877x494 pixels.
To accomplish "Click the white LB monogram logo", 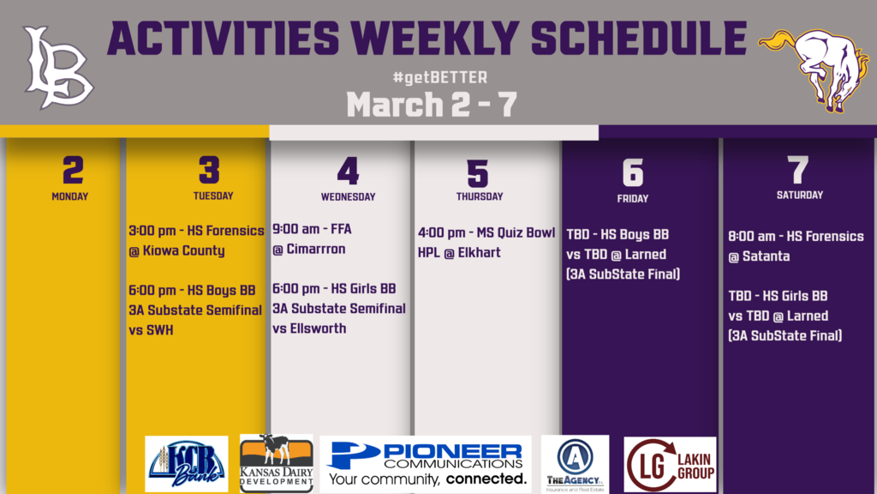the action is (57, 67).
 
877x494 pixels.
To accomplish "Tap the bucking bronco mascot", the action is (814, 69).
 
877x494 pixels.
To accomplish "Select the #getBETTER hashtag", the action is (439, 77).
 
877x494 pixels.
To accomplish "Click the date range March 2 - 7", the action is (432, 105).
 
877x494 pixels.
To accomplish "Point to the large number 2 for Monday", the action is (74, 171).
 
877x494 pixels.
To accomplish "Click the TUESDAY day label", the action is (213, 196).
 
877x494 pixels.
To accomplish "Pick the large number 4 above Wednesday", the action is (348, 171).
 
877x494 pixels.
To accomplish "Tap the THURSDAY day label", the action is (480, 196).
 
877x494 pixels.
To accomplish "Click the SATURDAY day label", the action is (800, 195).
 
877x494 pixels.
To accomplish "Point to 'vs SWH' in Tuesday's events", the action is (151, 330).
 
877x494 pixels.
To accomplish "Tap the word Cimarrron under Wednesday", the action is (316, 249).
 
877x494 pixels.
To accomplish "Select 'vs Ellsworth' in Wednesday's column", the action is (309, 328).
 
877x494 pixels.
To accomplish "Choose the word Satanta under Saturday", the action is (766, 256).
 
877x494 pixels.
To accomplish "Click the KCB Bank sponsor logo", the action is (186, 464).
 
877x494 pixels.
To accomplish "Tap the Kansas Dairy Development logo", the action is (277, 464).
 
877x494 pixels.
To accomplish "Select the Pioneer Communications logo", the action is (426, 464).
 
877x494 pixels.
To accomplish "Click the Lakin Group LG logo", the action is (670, 465).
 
